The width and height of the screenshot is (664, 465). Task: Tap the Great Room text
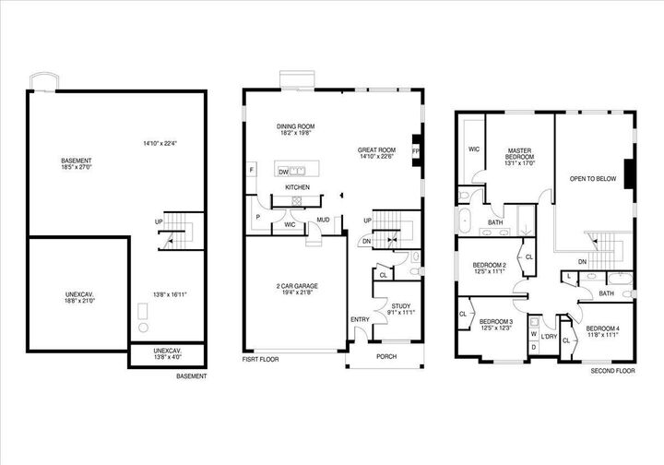pos(377,149)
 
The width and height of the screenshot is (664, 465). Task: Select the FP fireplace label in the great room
pos(415,150)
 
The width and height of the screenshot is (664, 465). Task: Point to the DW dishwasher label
pos(283,172)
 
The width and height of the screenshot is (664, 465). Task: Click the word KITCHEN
pos(297,187)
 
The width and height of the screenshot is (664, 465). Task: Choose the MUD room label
pos(323,220)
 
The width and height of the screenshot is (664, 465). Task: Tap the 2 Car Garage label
pos(291,285)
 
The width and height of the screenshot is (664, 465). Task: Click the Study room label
pos(400,306)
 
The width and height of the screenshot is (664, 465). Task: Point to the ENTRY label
pos(360,319)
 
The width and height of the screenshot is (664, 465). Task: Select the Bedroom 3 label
pos(495,322)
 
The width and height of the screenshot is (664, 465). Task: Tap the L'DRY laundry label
pos(549,337)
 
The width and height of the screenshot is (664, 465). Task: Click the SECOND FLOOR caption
pos(613,371)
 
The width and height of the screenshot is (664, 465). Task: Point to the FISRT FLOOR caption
pos(260,359)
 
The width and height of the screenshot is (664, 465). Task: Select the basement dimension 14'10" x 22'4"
pos(160,143)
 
